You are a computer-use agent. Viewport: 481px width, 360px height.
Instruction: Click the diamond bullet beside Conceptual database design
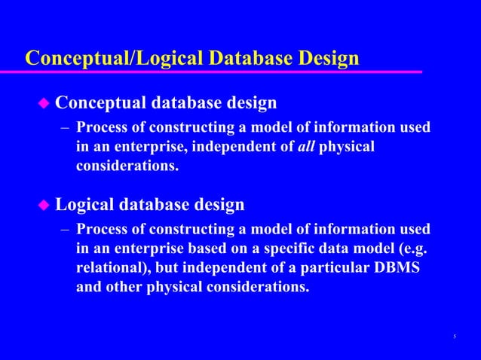click(44, 102)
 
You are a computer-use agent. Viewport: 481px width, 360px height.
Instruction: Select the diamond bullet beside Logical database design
click(44, 204)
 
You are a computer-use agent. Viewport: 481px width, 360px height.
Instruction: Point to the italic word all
click(305, 145)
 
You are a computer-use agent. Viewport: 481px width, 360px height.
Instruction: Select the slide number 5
click(455, 336)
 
